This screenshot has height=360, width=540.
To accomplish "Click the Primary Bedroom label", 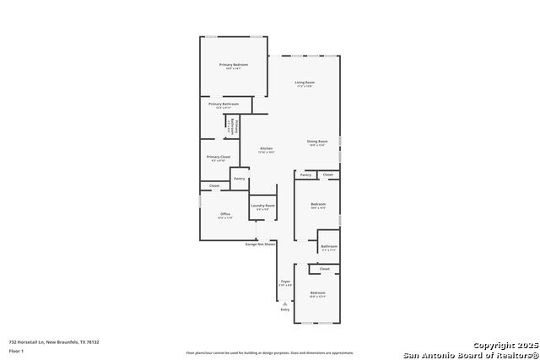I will click(x=234, y=65).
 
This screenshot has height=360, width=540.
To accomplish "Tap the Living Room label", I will click(x=305, y=83).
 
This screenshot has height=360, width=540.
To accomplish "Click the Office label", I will click(x=225, y=214).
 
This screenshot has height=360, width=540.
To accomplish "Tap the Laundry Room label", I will click(x=262, y=206).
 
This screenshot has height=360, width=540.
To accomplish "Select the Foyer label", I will click(x=285, y=282).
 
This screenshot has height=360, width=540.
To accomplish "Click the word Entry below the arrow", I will click(x=284, y=310).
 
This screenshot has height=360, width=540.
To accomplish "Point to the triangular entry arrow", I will click(x=284, y=302).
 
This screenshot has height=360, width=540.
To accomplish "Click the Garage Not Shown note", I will click(x=260, y=244).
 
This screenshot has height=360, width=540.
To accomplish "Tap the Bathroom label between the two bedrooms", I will click(x=329, y=246).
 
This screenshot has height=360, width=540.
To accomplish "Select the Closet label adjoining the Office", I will click(x=214, y=185).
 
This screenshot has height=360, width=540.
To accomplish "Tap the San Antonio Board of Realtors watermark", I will click(x=470, y=354).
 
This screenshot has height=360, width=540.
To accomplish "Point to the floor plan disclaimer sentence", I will click(x=270, y=352).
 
